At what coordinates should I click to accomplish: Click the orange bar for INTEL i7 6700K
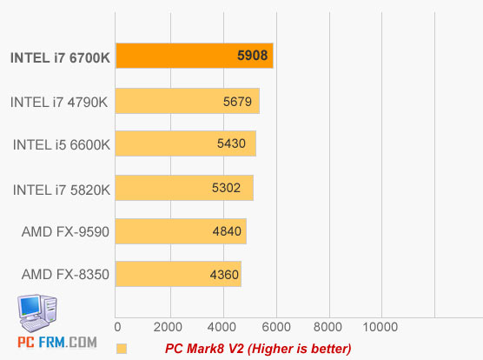coord(194,57)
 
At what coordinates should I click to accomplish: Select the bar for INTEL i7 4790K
coord(187,101)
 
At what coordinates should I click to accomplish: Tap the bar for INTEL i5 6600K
coord(184,144)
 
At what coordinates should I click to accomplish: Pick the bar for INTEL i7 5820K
coord(183,188)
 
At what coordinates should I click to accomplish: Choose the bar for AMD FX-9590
coord(180,231)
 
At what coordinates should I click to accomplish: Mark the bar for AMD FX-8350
coord(177,275)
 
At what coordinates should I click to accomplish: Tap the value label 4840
coord(227,232)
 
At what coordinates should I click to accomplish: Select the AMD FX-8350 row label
coord(65,276)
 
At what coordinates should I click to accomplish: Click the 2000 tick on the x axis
coord(170,326)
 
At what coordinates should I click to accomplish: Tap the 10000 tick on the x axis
coord(380,326)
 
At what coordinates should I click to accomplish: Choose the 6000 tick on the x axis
coord(276,326)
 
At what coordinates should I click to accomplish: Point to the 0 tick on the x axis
coord(118,326)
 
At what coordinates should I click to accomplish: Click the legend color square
coord(122,349)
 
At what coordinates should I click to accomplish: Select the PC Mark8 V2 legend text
coord(258,349)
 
